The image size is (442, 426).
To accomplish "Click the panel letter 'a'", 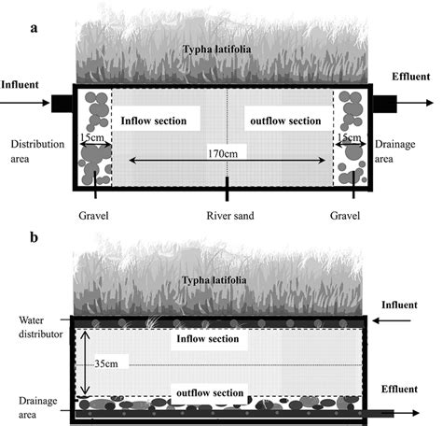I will tap(35, 28).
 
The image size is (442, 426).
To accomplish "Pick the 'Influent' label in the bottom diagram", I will tap(407, 305).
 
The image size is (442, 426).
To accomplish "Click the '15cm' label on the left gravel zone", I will tap(92, 138).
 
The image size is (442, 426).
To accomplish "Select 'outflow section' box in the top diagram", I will tap(289, 121).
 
